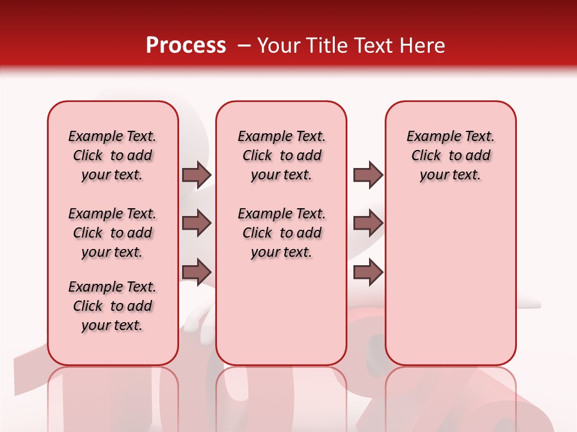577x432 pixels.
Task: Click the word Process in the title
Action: click(186, 46)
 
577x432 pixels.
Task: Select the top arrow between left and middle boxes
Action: click(197, 175)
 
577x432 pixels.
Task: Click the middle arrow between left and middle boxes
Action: click(197, 223)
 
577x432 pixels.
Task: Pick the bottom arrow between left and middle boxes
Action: click(197, 272)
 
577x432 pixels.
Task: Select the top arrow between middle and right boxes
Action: click(368, 175)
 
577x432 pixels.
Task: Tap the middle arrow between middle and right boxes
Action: click(368, 223)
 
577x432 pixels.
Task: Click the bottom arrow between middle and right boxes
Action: click(368, 272)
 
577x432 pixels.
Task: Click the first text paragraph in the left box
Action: click(112, 155)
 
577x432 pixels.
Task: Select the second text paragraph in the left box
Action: click(112, 233)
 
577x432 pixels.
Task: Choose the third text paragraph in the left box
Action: click(112, 306)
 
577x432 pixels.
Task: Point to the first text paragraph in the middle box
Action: click(281, 155)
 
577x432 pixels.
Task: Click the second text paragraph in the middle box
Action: click(281, 233)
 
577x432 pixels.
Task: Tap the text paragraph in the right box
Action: click(450, 155)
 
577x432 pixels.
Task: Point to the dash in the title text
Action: click(243, 46)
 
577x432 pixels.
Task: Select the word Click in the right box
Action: click(426, 156)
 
